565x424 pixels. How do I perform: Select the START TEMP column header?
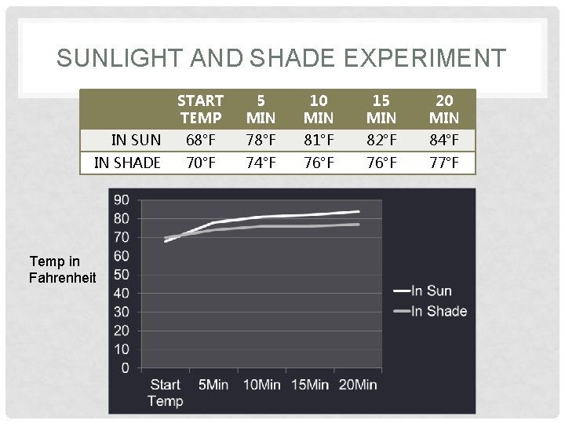tap(200, 109)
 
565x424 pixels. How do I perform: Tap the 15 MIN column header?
tap(381, 109)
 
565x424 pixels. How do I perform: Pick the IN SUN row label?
tap(136, 141)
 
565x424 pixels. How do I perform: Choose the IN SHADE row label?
tap(127, 163)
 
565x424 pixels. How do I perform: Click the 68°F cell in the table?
tap(200, 141)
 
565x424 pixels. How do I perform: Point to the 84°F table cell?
tap(444, 141)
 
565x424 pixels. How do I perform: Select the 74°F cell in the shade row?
tap(261, 163)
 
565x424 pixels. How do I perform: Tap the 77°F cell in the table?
tap(444, 163)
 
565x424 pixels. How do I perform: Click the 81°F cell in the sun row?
tap(319, 141)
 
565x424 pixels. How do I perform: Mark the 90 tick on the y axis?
tap(122, 200)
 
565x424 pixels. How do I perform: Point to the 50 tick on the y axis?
tap(122, 275)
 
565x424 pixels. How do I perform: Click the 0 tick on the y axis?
tap(126, 367)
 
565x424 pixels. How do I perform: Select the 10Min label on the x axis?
tap(261, 385)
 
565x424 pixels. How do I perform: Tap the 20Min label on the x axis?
tap(358, 385)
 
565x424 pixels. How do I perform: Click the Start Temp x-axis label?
tap(165, 393)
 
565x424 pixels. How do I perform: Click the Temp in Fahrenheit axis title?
tap(62, 269)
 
